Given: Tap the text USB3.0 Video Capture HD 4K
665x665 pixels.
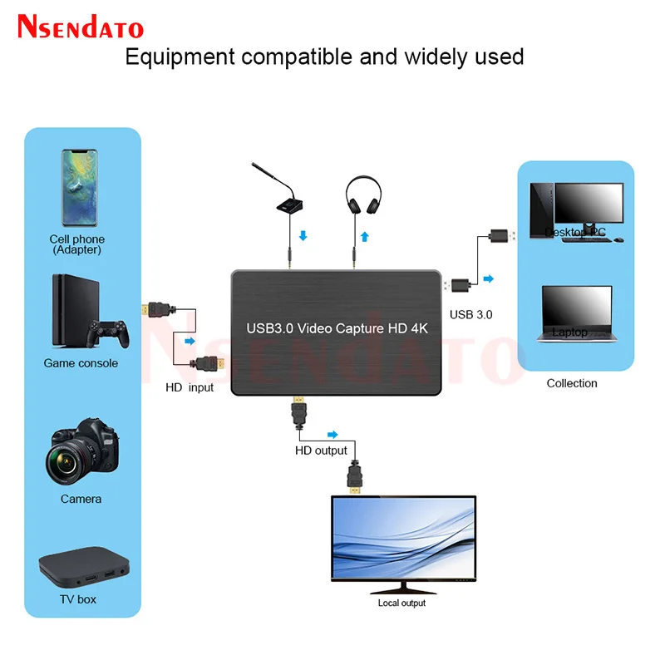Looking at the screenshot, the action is pos(337,328).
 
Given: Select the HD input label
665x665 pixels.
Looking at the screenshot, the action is pos(189,387).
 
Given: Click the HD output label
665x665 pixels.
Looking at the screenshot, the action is pos(321,451).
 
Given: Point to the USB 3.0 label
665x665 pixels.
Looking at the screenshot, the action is pos(470,314).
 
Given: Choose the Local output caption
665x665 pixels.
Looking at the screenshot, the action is pos(401,603).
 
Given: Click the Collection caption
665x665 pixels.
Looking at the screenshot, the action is pos(572,383).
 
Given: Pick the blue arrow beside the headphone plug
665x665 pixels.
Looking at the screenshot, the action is pos(365,237).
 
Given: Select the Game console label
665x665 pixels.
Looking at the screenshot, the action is pos(81,363).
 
